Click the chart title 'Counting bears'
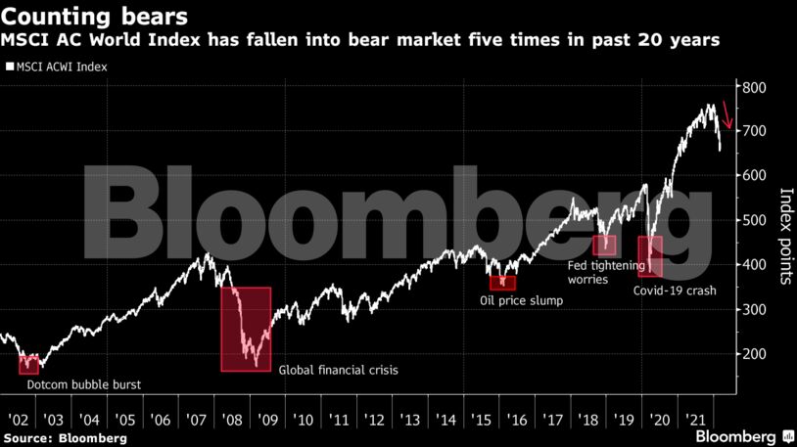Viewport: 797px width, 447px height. (95, 17)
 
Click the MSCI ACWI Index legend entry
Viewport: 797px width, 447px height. (56, 67)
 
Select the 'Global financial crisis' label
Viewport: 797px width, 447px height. (340, 370)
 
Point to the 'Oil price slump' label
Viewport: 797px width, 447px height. (521, 300)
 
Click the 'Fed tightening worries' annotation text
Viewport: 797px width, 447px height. (606, 272)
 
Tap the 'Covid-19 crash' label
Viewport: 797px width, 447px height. (675, 291)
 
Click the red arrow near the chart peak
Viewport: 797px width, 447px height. (727, 112)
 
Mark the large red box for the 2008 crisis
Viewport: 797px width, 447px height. (246, 329)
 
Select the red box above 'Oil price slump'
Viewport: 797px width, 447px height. (503, 283)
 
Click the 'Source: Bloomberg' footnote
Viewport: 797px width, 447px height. (65, 438)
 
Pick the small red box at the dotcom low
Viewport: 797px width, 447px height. (28, 365)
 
